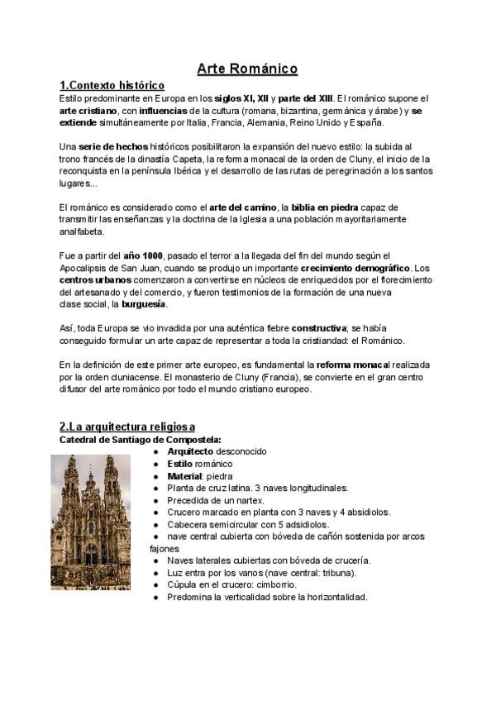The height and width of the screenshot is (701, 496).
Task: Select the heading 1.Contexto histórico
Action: pos(112,85)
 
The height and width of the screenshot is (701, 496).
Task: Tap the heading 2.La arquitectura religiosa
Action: pos(127,426)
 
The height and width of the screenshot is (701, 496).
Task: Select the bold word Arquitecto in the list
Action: pos(190,452)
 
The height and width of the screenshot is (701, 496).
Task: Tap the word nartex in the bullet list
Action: pos(249,500)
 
